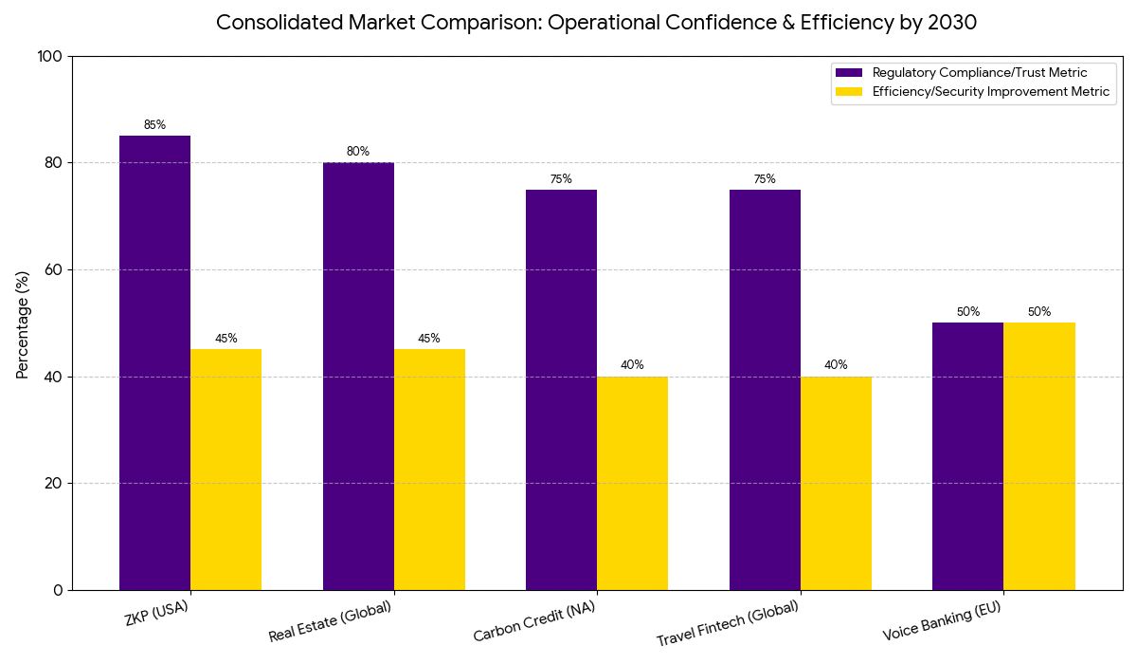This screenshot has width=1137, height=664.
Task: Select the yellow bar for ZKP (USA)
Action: (x=226, y=470)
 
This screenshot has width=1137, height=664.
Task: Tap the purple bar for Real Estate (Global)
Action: (x=358, y=376)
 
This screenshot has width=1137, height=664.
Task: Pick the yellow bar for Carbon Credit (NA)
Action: (x=632, y=483)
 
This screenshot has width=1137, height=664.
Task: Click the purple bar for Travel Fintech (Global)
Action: (x=765, y=389)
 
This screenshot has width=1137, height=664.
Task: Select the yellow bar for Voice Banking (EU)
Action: (x=1038, y=456)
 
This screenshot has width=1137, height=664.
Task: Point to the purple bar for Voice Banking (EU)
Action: (x=967, y=456)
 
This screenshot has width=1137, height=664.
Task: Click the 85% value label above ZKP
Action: (x=154, y=125)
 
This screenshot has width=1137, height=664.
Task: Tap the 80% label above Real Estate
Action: (x=358, y=152)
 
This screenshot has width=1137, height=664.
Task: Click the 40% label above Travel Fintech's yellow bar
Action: (x=836, y=365)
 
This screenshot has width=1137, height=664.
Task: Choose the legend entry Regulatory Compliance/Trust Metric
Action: (x=979, y=73)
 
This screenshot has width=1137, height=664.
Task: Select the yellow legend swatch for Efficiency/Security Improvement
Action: (x=849, y=92)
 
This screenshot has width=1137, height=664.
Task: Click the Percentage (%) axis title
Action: (x=24, y=323)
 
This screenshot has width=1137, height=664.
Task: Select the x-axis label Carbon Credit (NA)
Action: (x=535, y=622)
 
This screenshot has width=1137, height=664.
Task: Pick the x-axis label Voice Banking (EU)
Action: (x=942, y=623)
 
